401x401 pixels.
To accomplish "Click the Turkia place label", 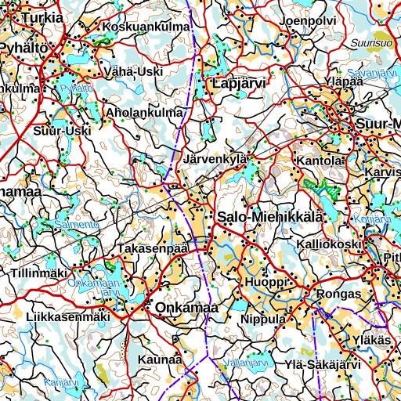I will [43, 16].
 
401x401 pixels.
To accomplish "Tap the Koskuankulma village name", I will [146, 27].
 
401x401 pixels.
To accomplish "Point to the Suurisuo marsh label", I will [371, 43].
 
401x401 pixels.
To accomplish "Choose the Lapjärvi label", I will [240, 82].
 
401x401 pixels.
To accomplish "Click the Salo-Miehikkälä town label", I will [269, 217].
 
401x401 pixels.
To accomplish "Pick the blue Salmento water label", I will [77, 225].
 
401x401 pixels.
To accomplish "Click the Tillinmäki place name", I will [39, 273].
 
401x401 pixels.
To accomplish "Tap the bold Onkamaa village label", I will [186, 309].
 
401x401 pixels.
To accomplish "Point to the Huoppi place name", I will [262, 282].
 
